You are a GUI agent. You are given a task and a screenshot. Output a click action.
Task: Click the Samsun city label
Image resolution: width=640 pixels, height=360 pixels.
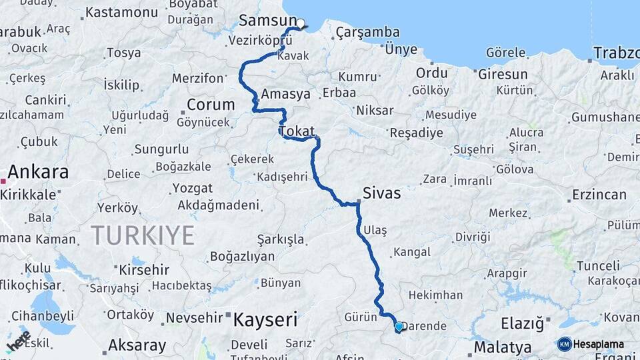(267, 20)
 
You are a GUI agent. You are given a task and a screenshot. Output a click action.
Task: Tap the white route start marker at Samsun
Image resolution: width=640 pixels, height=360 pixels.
(301, 24)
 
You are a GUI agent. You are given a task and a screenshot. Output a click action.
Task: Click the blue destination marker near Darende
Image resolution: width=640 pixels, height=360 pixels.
(399, 327)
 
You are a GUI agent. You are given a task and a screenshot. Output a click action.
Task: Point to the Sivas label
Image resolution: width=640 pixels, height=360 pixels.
(381, 194)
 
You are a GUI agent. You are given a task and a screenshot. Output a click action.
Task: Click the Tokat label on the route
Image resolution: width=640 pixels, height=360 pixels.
(297, 131)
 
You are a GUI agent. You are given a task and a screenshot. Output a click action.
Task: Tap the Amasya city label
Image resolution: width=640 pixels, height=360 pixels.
(286, 95)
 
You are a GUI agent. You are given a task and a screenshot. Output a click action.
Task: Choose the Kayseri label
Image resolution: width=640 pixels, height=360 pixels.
(265, 320)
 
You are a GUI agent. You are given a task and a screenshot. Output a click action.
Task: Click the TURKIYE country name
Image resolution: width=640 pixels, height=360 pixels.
(143, 235)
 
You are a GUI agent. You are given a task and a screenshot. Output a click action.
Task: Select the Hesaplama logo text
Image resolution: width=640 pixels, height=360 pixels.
(599, 345)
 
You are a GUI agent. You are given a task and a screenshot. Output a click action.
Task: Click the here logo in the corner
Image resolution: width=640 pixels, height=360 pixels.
(18, 341)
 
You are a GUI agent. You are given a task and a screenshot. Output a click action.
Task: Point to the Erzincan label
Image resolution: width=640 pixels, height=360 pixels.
(599, 195)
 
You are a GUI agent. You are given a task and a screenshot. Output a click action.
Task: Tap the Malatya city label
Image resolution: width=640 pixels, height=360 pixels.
(503, 347)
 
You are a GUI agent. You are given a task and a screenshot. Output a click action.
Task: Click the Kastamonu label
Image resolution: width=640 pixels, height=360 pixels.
(121, 12)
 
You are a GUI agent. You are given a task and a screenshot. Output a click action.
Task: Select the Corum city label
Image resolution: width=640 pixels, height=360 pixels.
(211, 105)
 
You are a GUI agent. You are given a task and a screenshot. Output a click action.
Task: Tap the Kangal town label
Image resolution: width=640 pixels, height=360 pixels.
(411, 253)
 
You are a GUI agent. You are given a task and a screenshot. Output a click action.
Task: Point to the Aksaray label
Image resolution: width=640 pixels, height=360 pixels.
(137, 345)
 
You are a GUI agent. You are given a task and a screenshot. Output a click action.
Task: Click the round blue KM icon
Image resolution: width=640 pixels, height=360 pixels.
(565, 345)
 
